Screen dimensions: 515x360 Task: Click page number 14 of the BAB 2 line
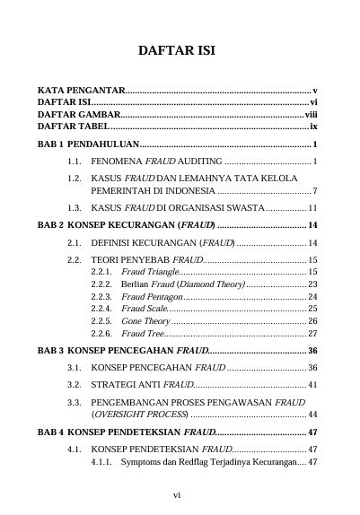click(x=313, y=225)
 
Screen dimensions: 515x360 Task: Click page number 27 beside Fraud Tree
click(x=313, y=334)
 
